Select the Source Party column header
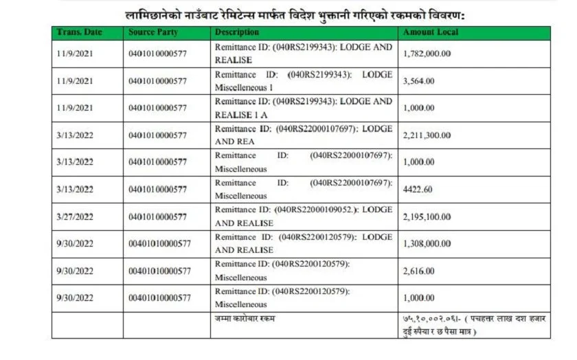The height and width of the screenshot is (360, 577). coord(153,32)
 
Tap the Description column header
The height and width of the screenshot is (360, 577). coord(237,32)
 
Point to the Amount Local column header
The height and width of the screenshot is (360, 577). coord(431,32)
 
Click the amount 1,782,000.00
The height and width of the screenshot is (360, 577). coord(427,54)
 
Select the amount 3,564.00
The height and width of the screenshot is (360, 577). coord(418,81)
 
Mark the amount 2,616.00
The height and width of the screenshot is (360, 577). coord(418,271)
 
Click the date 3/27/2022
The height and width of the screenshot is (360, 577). coord(75,216)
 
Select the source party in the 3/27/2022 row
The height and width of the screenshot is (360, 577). coord(157,216)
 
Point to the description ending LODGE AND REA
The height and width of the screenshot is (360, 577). coord(303,135)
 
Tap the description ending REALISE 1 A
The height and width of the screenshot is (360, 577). coord(303,108)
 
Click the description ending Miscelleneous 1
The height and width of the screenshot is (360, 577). coord(303,81)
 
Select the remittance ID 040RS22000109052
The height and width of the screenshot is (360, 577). coord(317,210)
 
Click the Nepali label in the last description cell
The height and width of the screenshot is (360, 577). coord(244,318)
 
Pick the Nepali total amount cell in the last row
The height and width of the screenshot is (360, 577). coord(474,325)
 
